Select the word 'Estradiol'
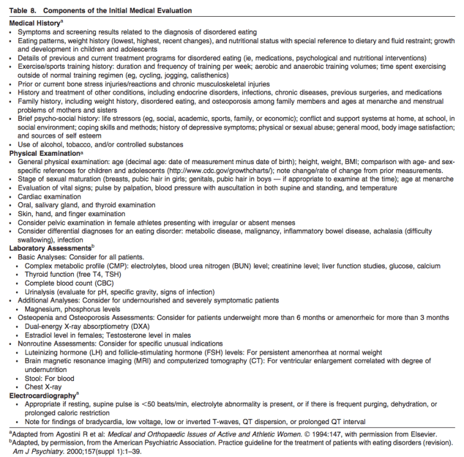[41, 335]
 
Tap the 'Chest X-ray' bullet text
[46, 387]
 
